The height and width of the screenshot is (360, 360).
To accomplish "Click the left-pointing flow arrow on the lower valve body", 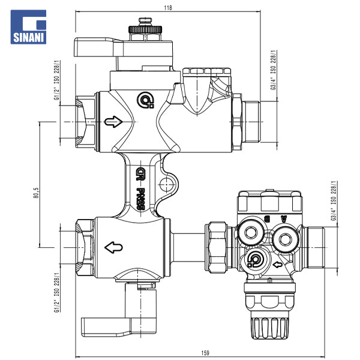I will click(113, 246).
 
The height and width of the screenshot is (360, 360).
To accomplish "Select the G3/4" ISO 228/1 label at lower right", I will click(334, 200).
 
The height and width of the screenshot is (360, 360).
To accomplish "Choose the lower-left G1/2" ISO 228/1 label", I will click(58, 288).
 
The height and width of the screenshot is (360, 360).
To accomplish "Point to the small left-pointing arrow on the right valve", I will click(278, 264).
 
